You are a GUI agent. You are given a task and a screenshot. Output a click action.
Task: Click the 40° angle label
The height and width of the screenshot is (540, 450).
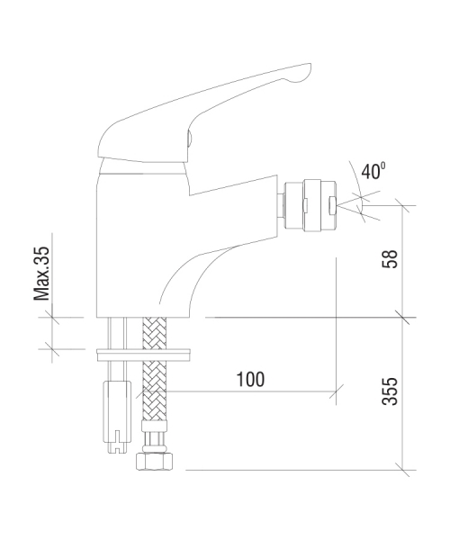coord(373,171)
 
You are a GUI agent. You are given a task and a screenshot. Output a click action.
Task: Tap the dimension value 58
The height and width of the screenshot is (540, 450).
coord(390,259)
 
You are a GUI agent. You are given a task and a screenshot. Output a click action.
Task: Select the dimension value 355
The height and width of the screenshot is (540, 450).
coord(390,391)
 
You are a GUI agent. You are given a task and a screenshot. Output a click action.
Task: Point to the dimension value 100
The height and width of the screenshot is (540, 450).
coord(251,380)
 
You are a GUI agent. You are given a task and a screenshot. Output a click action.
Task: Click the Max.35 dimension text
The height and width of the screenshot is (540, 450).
coord(41,274)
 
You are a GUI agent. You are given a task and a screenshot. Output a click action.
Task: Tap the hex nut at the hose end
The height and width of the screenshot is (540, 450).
coord(154,462)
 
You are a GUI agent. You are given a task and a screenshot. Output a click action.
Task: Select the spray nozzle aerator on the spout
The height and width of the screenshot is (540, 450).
coord(310,206)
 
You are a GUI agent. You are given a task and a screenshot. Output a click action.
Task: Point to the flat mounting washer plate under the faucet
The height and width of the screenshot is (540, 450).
coord(143,355)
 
